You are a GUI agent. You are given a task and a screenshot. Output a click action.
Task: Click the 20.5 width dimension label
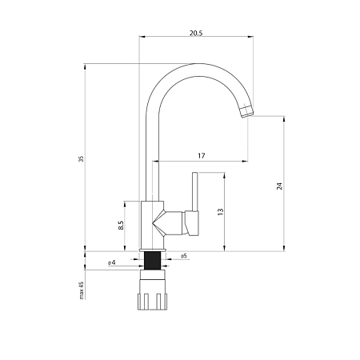[196, 33]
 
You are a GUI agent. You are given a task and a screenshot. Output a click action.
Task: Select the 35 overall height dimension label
[82, 158]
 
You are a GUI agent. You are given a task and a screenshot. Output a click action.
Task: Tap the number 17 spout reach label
[202, 155]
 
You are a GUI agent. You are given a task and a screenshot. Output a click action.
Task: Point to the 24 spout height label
[279, 186]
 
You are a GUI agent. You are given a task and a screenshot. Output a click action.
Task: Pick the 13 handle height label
[220, 211]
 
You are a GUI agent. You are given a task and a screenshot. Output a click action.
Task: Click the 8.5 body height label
[121, 225]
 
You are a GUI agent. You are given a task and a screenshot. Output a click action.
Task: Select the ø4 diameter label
[112, 262]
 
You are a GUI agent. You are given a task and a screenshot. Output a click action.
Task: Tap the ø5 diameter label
[184, 256]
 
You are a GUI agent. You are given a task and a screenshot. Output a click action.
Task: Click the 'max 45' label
[82, 290]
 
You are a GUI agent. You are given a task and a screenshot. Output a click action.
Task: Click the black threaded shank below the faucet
[152, 261]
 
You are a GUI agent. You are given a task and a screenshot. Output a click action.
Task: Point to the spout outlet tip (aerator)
[246, 111]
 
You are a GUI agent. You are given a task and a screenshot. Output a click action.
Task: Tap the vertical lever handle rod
[195, 191]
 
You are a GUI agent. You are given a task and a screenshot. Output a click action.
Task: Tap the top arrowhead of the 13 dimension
[225, 175]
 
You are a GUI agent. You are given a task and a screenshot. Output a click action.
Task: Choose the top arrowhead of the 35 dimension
[85, 66]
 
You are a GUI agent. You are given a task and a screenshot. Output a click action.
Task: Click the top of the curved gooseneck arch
[198, 64]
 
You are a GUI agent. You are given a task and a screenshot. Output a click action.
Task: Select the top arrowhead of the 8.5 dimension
[124, 204]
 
